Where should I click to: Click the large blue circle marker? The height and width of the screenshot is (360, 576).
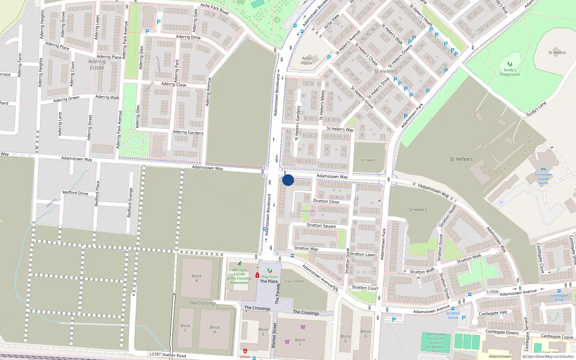288,180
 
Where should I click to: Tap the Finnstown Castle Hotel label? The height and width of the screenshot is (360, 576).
543,179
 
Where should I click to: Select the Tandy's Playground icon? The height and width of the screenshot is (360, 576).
509,64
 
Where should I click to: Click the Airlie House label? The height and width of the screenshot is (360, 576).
306,60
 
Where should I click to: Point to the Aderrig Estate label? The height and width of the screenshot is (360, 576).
97,64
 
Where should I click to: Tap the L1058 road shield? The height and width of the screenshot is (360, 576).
492,292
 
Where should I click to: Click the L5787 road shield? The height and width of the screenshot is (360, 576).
155,354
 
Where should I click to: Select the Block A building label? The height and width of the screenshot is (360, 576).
197,278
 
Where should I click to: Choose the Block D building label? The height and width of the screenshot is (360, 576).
215,329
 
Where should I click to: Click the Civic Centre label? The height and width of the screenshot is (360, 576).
294,281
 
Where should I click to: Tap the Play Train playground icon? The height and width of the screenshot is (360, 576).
269,271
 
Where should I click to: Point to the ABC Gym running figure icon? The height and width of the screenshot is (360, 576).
239,264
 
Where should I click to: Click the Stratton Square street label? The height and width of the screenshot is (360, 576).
321,225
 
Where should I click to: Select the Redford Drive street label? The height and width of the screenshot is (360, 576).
75,193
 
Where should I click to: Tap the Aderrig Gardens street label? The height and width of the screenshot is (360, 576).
188,132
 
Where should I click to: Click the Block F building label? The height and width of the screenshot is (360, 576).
300,342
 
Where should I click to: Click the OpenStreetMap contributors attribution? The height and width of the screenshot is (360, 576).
548,356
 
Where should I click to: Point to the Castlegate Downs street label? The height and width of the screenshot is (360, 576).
502,332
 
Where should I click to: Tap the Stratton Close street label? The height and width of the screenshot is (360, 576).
326,201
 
